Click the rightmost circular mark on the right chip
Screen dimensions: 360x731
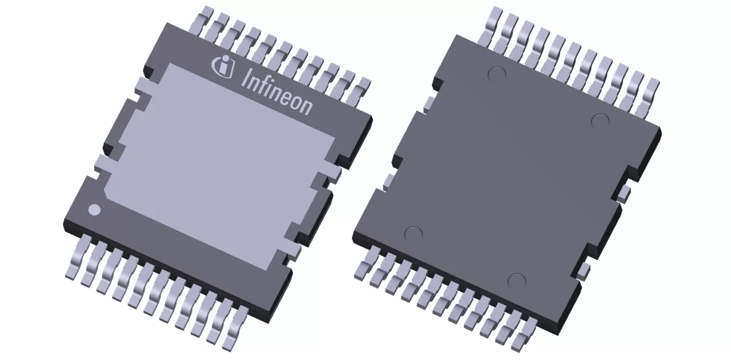point(600,121)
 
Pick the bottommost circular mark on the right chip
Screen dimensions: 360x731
point(516,281)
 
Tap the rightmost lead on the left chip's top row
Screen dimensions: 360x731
point(362,86)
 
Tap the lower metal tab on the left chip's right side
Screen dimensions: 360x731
point(292,251)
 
